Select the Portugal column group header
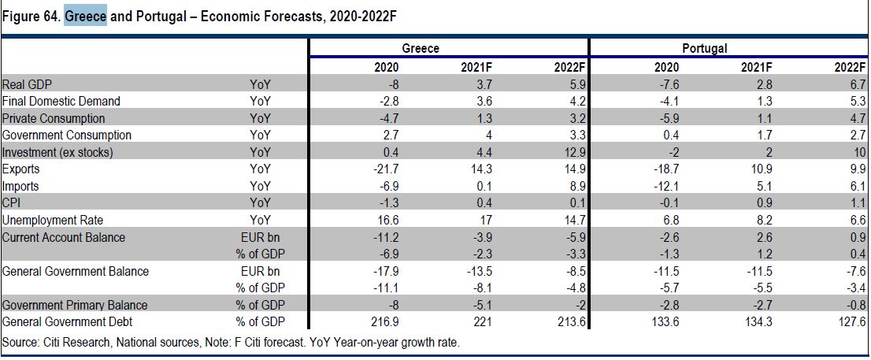click(705, 49)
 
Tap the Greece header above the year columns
click(421, 49)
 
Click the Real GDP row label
click(28, 84)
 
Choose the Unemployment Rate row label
click(53, 221)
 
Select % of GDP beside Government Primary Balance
click(259, 306)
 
